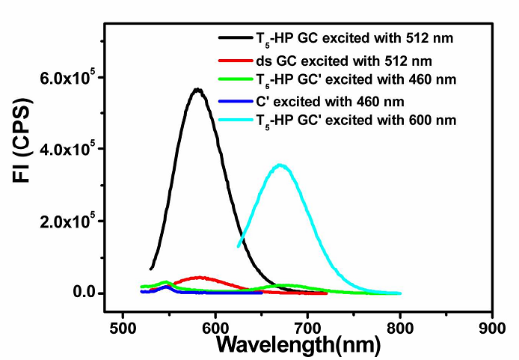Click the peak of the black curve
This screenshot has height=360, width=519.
tap(197, 89)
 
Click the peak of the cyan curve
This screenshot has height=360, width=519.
tap(280, 165)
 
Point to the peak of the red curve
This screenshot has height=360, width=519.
tap(199, 278)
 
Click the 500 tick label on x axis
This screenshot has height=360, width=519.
tap(123, 327)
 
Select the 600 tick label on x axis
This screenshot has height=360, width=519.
tap(215, 327)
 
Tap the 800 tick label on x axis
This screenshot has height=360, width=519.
tap(400, 327)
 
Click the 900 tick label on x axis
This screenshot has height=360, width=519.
tap(492, 327)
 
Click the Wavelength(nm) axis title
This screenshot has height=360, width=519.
tap(298, 345)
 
